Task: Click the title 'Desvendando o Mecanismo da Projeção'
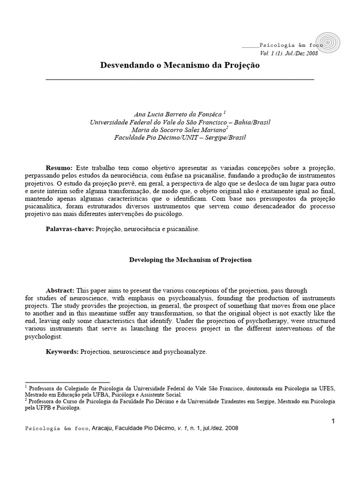[x=180, y=66]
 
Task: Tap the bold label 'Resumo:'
[x=59, y=168]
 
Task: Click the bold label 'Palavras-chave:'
[x=70, y=229]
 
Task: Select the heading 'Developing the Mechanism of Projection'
[x=190, y=259]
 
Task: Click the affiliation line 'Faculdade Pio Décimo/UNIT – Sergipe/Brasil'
[x=180, y=138]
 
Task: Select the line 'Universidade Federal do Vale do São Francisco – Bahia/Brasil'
[x=180, y=122]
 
